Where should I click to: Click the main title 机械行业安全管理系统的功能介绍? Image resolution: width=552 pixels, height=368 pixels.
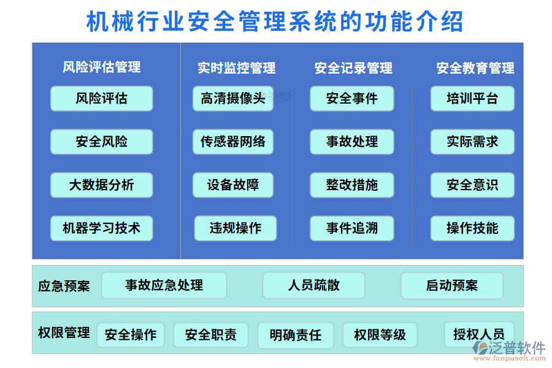[x=275, y=22]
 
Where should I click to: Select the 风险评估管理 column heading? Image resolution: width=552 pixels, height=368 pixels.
[x=102, y=67]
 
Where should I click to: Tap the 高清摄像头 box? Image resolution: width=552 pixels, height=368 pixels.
[x=233, y=98]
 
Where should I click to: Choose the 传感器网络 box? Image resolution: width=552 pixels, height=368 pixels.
[x=233, y=142]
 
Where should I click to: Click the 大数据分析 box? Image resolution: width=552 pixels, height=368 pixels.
[x=102, y=185]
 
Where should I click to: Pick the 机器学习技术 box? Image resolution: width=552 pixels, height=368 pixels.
[x=102, y=228]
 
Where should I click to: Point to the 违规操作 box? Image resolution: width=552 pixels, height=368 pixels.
[x=236, y=228]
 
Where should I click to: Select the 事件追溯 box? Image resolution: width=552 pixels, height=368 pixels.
[x=352, y=228]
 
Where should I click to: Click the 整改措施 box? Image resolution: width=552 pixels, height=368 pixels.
[x=352, y=185]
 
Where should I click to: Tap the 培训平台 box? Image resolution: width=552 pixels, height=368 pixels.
[x=472, y=98]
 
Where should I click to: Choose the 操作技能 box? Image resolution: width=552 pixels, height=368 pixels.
[x=472, y=228]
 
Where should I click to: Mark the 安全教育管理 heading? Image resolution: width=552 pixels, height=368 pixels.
[x=475, y=68]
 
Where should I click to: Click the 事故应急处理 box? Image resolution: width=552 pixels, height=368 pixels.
[x=164, y=285]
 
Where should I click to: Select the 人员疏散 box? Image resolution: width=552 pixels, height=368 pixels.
[x=314, y=285]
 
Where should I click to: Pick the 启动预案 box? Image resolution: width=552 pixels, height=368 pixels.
[x=452, y=285]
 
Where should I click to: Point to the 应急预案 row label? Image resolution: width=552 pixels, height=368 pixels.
[x=64, y=286]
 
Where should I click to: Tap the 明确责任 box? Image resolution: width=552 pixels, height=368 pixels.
[x=296, y=335]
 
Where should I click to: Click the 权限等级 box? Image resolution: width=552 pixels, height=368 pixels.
[x=380, y=335]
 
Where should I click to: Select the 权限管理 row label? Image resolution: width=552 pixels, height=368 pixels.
[x=64, y=333]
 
